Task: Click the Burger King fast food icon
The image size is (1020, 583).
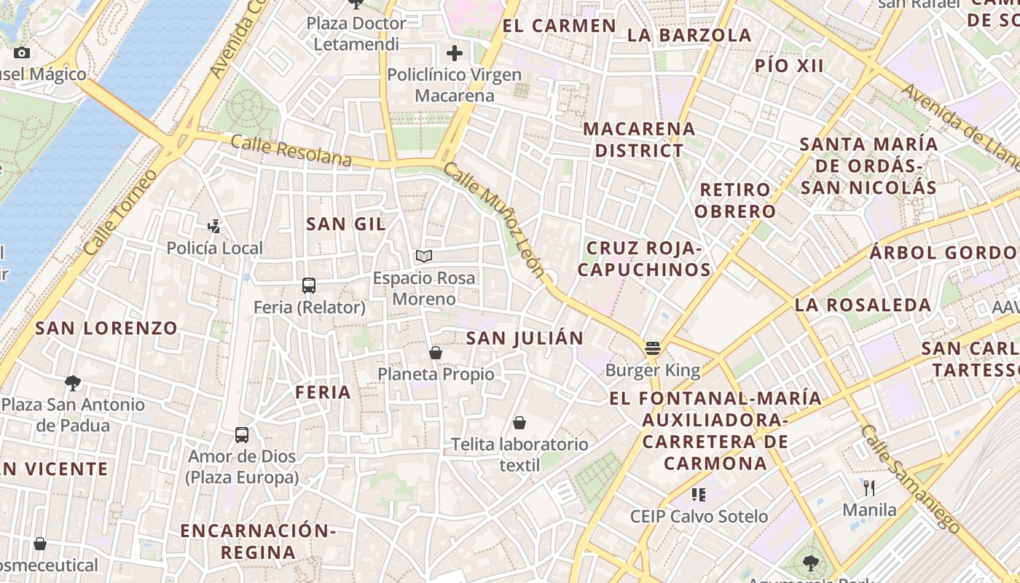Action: [x=653, y=348]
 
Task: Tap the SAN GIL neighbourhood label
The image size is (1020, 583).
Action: [x=346, y=224]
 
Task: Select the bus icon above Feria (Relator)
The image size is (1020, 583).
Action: [x=309, y=285]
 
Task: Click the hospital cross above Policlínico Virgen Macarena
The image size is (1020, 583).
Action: [x=455, y=53]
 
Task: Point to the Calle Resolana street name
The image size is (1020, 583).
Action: [x=291, y=151]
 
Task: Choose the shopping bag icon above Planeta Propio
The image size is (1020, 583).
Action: [x=436, y=353]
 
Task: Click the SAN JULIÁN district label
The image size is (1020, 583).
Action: [x=525, y=338]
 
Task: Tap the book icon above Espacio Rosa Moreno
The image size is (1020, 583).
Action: [x=424, y=256]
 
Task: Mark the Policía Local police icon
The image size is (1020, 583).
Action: [x=214, y=227]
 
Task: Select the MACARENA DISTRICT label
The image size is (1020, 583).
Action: [x=639, y=140]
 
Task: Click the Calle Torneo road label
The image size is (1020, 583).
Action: [x=120, y=212]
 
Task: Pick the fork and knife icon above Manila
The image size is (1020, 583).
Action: [x=869, y=488]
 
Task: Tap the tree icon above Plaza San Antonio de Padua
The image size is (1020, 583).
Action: [x=73, y=383]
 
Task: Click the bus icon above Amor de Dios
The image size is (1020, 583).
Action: [x=242, y=435]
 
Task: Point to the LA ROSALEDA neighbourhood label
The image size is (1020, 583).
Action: [x=863, y=305]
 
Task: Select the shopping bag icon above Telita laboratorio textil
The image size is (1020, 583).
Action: [x=519, y=423]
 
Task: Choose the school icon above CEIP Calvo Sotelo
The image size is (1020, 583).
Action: [x=699, y=495]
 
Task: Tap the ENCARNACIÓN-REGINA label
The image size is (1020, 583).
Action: [x=258, y=541]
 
